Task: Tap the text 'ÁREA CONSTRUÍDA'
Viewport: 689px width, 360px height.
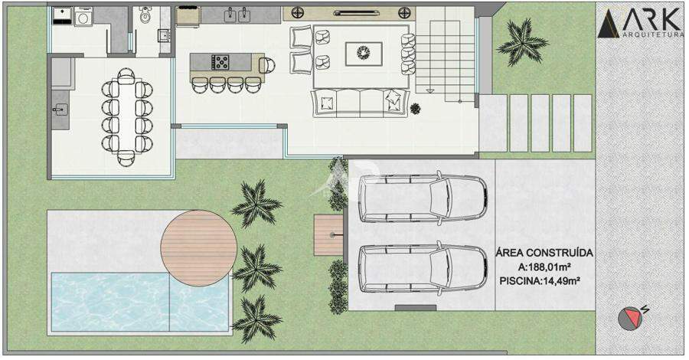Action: coord(544,253)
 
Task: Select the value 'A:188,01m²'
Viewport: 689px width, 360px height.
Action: coord(544,267)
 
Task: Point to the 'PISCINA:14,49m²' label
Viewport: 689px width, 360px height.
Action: coord(540,281)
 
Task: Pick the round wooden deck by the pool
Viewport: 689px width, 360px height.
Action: coord(198,248)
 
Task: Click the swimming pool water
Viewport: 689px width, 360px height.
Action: coord(141,302)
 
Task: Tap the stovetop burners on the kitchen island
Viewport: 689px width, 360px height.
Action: coord(220,62)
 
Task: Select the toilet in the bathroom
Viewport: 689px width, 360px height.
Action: coord(145,15)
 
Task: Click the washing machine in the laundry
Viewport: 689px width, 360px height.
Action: coord(83,18)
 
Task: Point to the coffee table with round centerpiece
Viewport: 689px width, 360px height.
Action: coord(364,54)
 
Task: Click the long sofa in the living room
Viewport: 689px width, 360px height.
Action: coord(361,103)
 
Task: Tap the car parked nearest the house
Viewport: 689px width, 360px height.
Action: coord(423,198)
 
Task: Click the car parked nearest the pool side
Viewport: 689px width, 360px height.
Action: coord(423,268)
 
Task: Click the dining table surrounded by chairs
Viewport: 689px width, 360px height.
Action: coord(126,116)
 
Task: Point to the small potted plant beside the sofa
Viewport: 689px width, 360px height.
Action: coord(415,108)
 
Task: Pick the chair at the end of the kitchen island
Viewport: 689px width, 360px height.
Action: coord(266,66)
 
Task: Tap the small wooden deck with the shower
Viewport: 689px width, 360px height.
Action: coord(328,234)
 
